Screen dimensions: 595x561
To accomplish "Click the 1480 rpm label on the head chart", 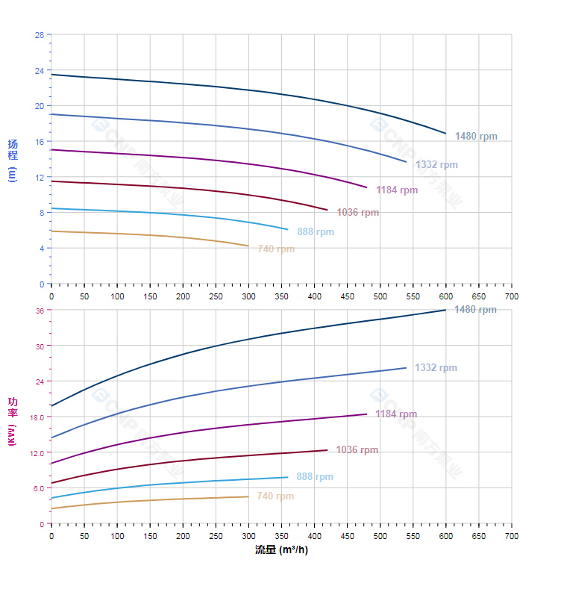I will [476, 137].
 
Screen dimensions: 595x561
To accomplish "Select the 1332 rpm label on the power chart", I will [436, 368].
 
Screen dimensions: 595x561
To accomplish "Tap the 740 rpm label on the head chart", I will [276, 249].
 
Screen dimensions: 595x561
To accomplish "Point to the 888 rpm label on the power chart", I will [315, 477].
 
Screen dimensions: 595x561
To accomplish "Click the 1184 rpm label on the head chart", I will [397, 190].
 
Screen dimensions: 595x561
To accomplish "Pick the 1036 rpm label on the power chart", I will [357, 450].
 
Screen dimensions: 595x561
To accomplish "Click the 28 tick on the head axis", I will [39, 35].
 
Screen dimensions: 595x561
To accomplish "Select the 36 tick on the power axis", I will [39, 310].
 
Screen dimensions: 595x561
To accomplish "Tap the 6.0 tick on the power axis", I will [37, 488].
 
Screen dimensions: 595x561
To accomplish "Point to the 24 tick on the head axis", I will [39, 71].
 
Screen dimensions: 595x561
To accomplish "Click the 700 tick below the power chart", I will [512, 536].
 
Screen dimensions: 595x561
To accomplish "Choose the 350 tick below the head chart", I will [281, 296].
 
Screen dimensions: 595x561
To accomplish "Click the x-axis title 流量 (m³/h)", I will [281, 550].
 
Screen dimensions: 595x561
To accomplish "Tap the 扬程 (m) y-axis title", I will [12, 160].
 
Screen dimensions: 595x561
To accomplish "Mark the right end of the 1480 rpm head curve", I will [446, 134].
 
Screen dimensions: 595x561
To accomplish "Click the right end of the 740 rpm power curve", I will [248, 496].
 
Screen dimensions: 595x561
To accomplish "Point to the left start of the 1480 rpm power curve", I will [51, 406].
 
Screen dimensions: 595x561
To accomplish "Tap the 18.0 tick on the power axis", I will [36, 417].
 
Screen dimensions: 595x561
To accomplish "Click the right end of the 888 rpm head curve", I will [288, 229].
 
